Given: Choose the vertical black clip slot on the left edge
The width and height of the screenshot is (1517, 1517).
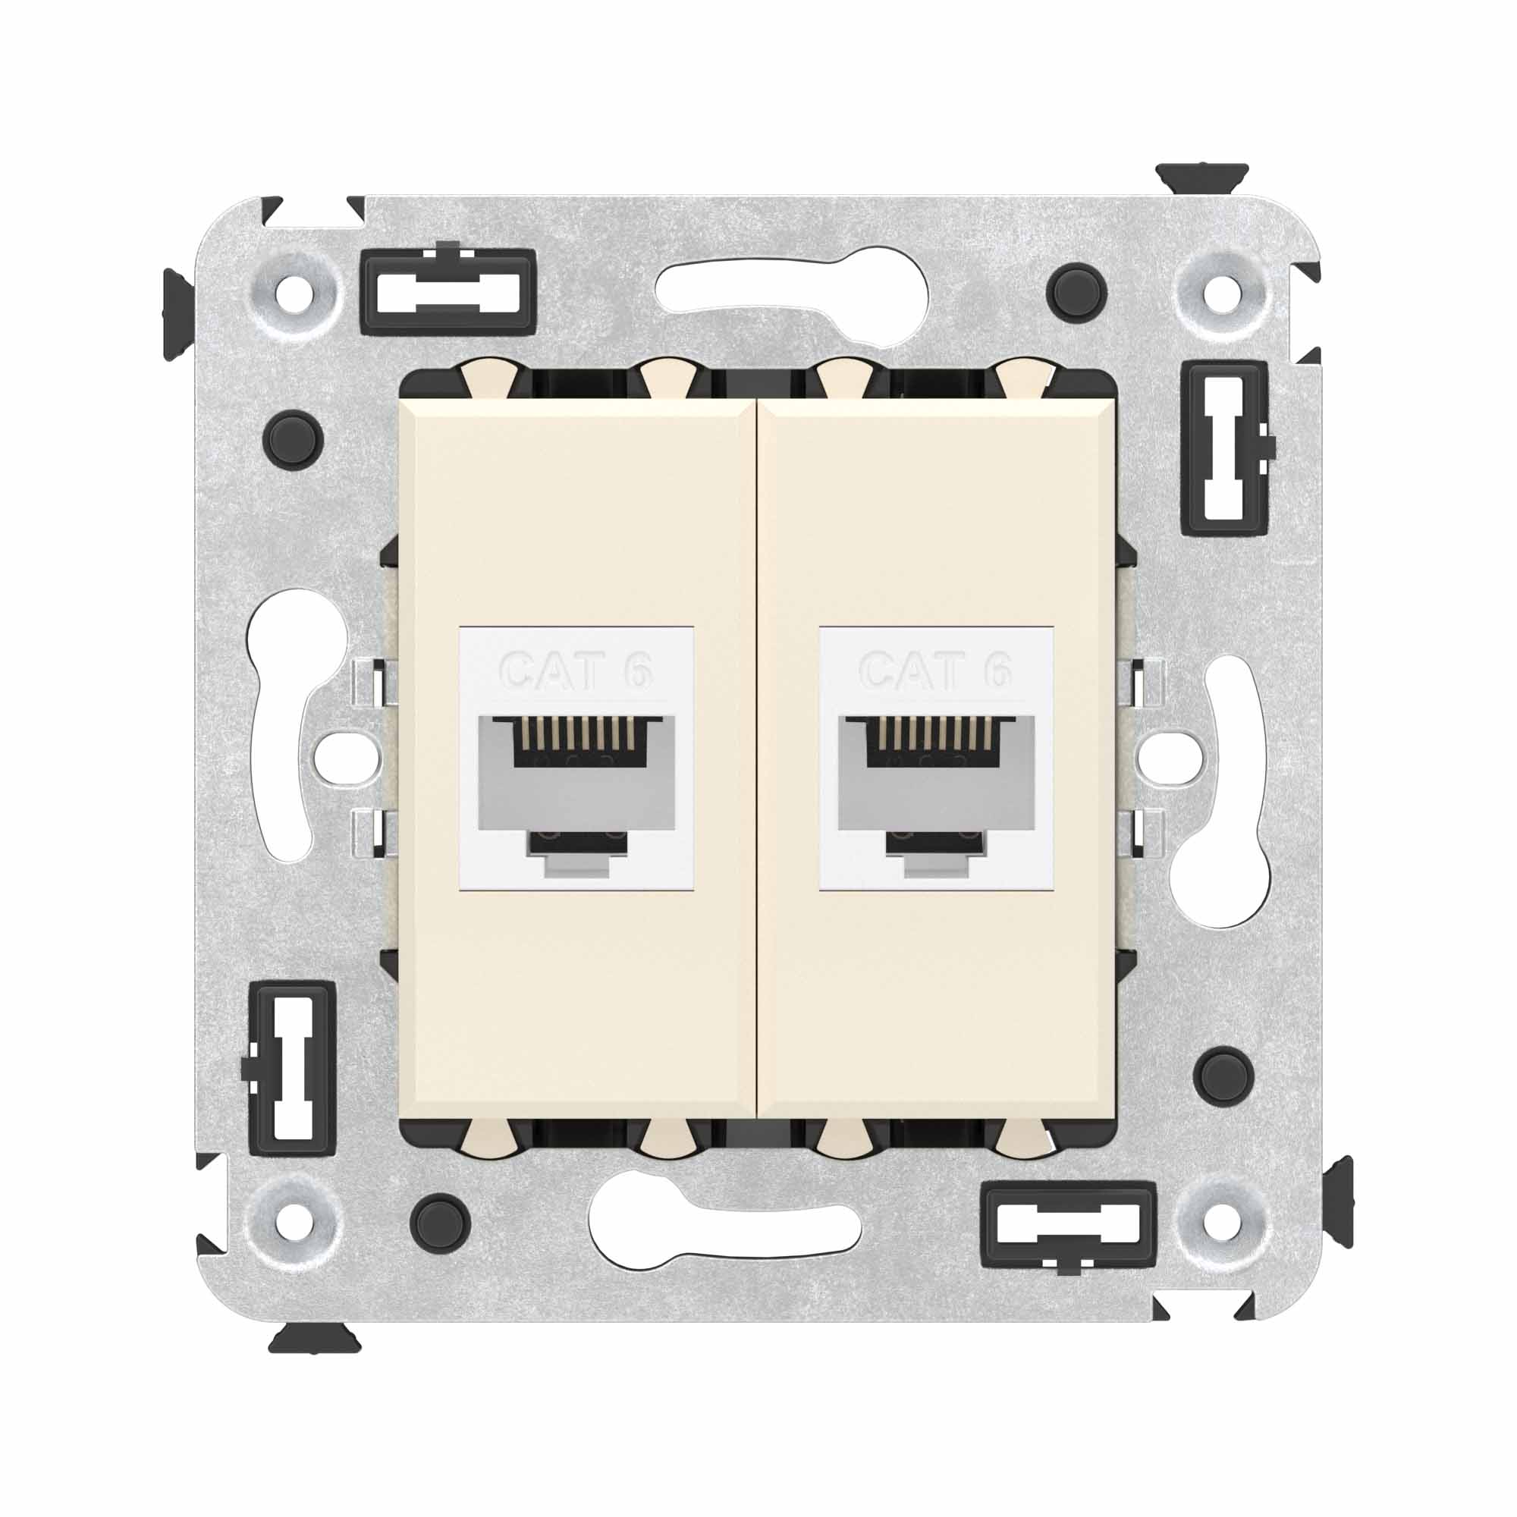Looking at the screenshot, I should click(x=292, y=1069).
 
